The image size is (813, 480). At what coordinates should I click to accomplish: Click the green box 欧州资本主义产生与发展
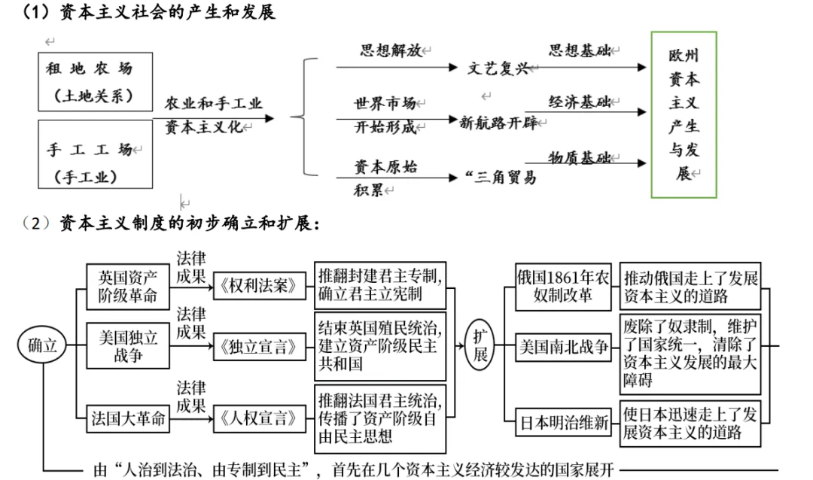click(684, 114)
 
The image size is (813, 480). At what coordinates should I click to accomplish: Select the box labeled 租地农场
click(94, 81)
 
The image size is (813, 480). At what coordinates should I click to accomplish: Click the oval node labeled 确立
click(42, 345)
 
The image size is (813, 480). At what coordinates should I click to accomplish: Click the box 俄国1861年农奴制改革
click(563, 287)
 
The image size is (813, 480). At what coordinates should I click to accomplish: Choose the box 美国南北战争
click(563, 347)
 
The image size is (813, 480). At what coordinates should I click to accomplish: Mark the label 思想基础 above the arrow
click(579, 50)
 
